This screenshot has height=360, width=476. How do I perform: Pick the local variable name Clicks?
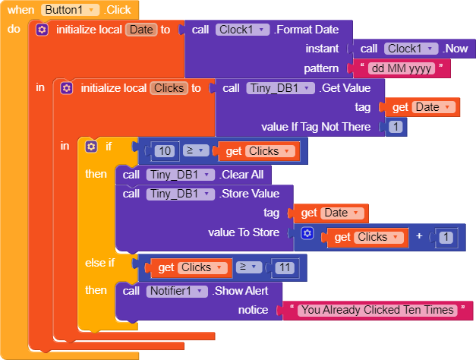169,88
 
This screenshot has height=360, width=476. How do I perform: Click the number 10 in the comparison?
165,151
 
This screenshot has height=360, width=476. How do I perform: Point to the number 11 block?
285,267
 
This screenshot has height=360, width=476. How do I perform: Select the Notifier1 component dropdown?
178,291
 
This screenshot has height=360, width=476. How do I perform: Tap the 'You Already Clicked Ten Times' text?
377,310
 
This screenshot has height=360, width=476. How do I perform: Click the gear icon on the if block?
92,146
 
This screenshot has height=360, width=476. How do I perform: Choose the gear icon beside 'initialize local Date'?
43,30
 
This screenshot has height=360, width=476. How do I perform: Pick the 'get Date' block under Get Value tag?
421,107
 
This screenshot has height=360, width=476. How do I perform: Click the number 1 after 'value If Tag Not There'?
395,127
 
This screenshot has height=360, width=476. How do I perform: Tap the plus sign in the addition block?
419,237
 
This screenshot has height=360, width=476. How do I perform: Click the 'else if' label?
100,263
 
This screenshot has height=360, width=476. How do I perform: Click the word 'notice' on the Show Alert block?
253,310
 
